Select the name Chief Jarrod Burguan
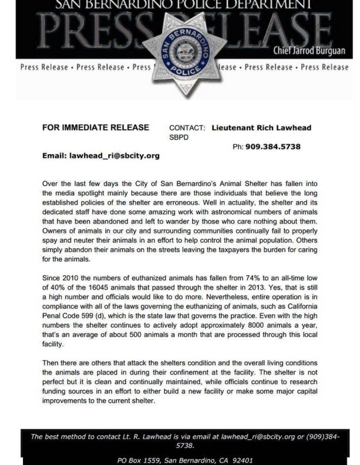pos(309,51)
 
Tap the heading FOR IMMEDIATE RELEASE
pos(95,128)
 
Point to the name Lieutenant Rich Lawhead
pos(262,128)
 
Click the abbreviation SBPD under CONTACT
pos(179,137)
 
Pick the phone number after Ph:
pos(273,147)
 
